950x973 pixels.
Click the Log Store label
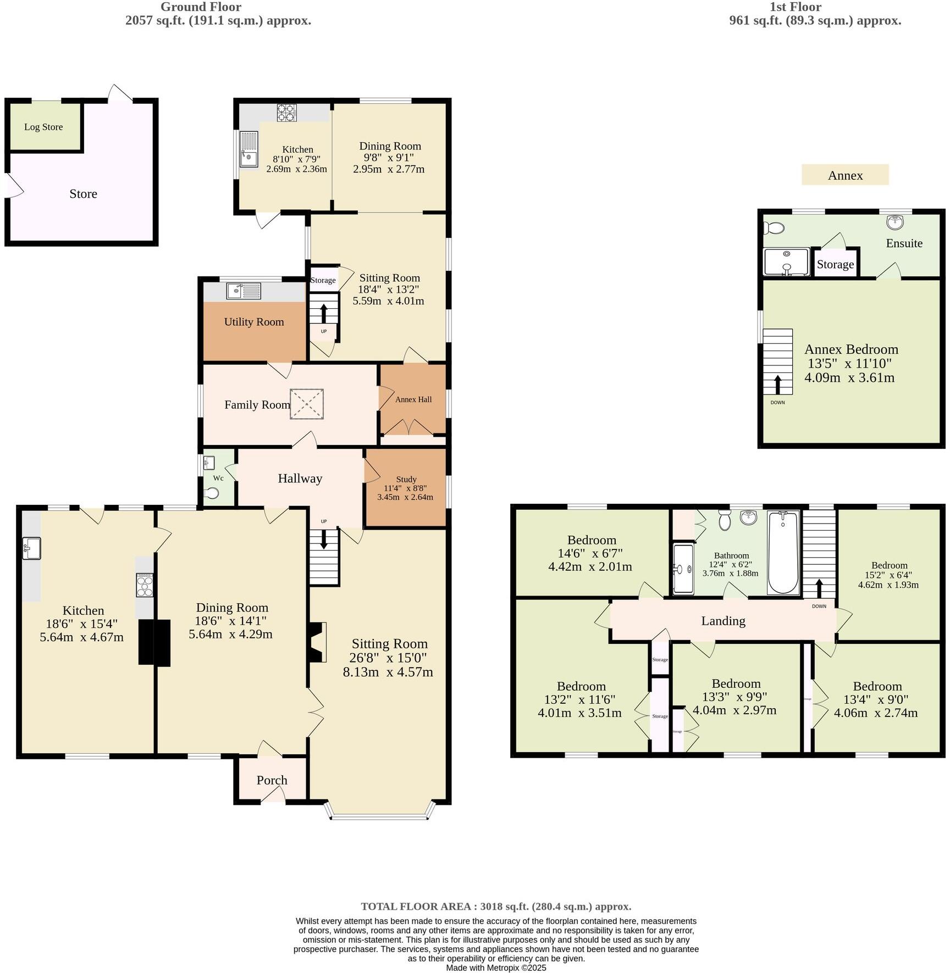click(43, 127)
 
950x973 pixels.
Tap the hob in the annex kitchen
click(286, 112)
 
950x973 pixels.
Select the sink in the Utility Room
click(244, 291)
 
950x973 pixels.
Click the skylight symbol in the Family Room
click(307, 404)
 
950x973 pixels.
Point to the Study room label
click(406, 479)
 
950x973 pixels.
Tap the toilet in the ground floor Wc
click(211, 493)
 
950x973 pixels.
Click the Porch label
click(272, 780)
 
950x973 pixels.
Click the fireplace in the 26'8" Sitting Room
click(318, 642)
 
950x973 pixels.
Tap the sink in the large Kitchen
click(31, 548)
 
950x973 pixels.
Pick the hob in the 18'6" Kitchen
click(145, 585)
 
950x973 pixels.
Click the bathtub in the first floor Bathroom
click(783, 552)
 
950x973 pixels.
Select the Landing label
click(723, 621)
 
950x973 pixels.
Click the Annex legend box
click(845, 175)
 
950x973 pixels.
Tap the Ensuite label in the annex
click(904, 243)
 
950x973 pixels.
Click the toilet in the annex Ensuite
click(775, 228)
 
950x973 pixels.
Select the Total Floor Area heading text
click(496, 907)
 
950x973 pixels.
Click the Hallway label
click(300, 479)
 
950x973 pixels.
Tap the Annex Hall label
click(413, 399)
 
